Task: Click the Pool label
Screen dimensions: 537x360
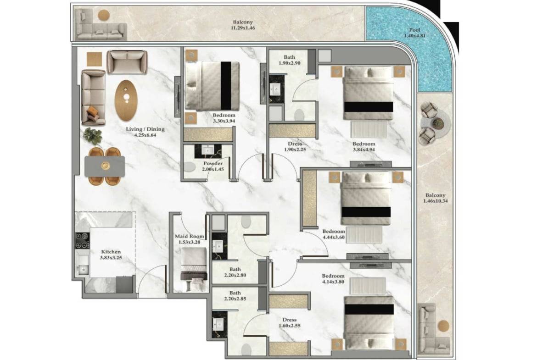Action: coord(414,30)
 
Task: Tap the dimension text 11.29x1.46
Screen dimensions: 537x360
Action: coord(243,28)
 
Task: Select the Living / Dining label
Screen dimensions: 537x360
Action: coord(145,129)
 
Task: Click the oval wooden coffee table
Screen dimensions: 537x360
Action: coord(126,100)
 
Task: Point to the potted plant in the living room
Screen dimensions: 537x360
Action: coord(93,136)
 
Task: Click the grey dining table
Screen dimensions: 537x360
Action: coord(105,166)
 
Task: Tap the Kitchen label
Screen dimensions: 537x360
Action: coord(111,251)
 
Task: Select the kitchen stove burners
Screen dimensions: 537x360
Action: coord(83,241)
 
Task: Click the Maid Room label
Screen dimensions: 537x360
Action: coord(190,236)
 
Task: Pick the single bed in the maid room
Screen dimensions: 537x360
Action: coord(194,269)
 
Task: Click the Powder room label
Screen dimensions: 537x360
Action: coord(213,163)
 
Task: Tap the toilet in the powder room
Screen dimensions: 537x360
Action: coord(189,167)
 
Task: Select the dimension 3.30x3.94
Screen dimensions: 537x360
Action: coord(224,121)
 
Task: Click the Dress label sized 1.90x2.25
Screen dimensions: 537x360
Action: coord(295,144)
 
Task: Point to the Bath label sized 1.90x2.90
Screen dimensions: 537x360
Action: coord(290,57)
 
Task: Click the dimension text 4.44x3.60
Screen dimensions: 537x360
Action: coord(334,237)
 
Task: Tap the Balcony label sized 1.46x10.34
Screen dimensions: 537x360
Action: coord(435,195)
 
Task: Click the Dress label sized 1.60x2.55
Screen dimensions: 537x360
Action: coord(290,320)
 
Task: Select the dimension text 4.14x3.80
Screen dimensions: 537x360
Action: coord(333,282)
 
